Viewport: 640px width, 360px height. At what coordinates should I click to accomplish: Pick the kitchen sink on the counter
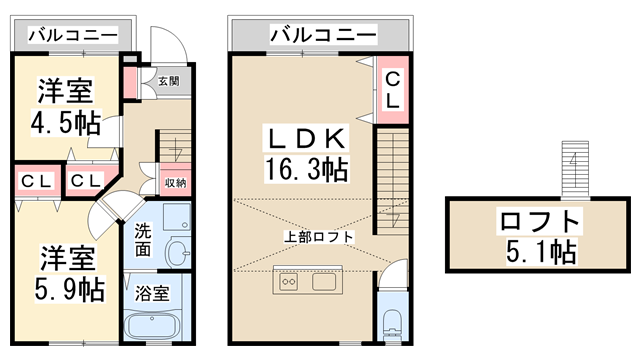pos(325,281)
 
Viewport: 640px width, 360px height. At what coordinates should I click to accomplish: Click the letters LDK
pos(305,136)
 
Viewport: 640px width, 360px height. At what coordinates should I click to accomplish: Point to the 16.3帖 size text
pos(305,167)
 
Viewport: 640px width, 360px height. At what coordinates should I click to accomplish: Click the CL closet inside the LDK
pos(391,90)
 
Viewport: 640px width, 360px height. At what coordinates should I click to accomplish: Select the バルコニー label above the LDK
pos(322,36)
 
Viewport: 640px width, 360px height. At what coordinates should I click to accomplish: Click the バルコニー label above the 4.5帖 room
pos(72,36)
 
